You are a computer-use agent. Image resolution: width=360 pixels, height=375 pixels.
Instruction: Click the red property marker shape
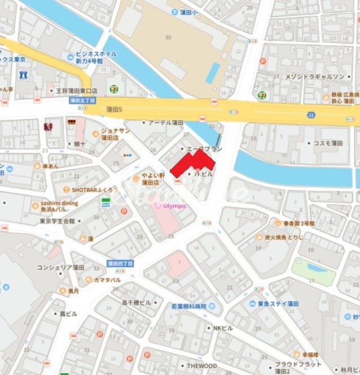click(193, 163)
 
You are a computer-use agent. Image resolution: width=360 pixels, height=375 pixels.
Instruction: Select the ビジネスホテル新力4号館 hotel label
click(96, 57)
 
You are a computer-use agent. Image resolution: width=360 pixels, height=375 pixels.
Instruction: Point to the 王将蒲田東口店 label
click(76, 90)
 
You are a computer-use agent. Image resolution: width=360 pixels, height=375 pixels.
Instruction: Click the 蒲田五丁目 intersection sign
click(80, 100)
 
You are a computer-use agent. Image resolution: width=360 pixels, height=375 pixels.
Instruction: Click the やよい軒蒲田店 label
click(153, 179)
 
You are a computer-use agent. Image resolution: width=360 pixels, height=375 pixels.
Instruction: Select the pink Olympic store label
click(174, 206)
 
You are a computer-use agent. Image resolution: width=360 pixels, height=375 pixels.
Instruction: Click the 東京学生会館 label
click(57, 221)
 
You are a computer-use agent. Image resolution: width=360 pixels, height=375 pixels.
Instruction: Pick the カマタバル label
click(107, 280)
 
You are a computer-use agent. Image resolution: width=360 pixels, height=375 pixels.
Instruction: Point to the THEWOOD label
click(201, 366)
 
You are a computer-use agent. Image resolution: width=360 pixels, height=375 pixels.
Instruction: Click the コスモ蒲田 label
click(328, 143)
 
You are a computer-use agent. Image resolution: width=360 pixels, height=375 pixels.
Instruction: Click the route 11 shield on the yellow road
click(311, 114)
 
